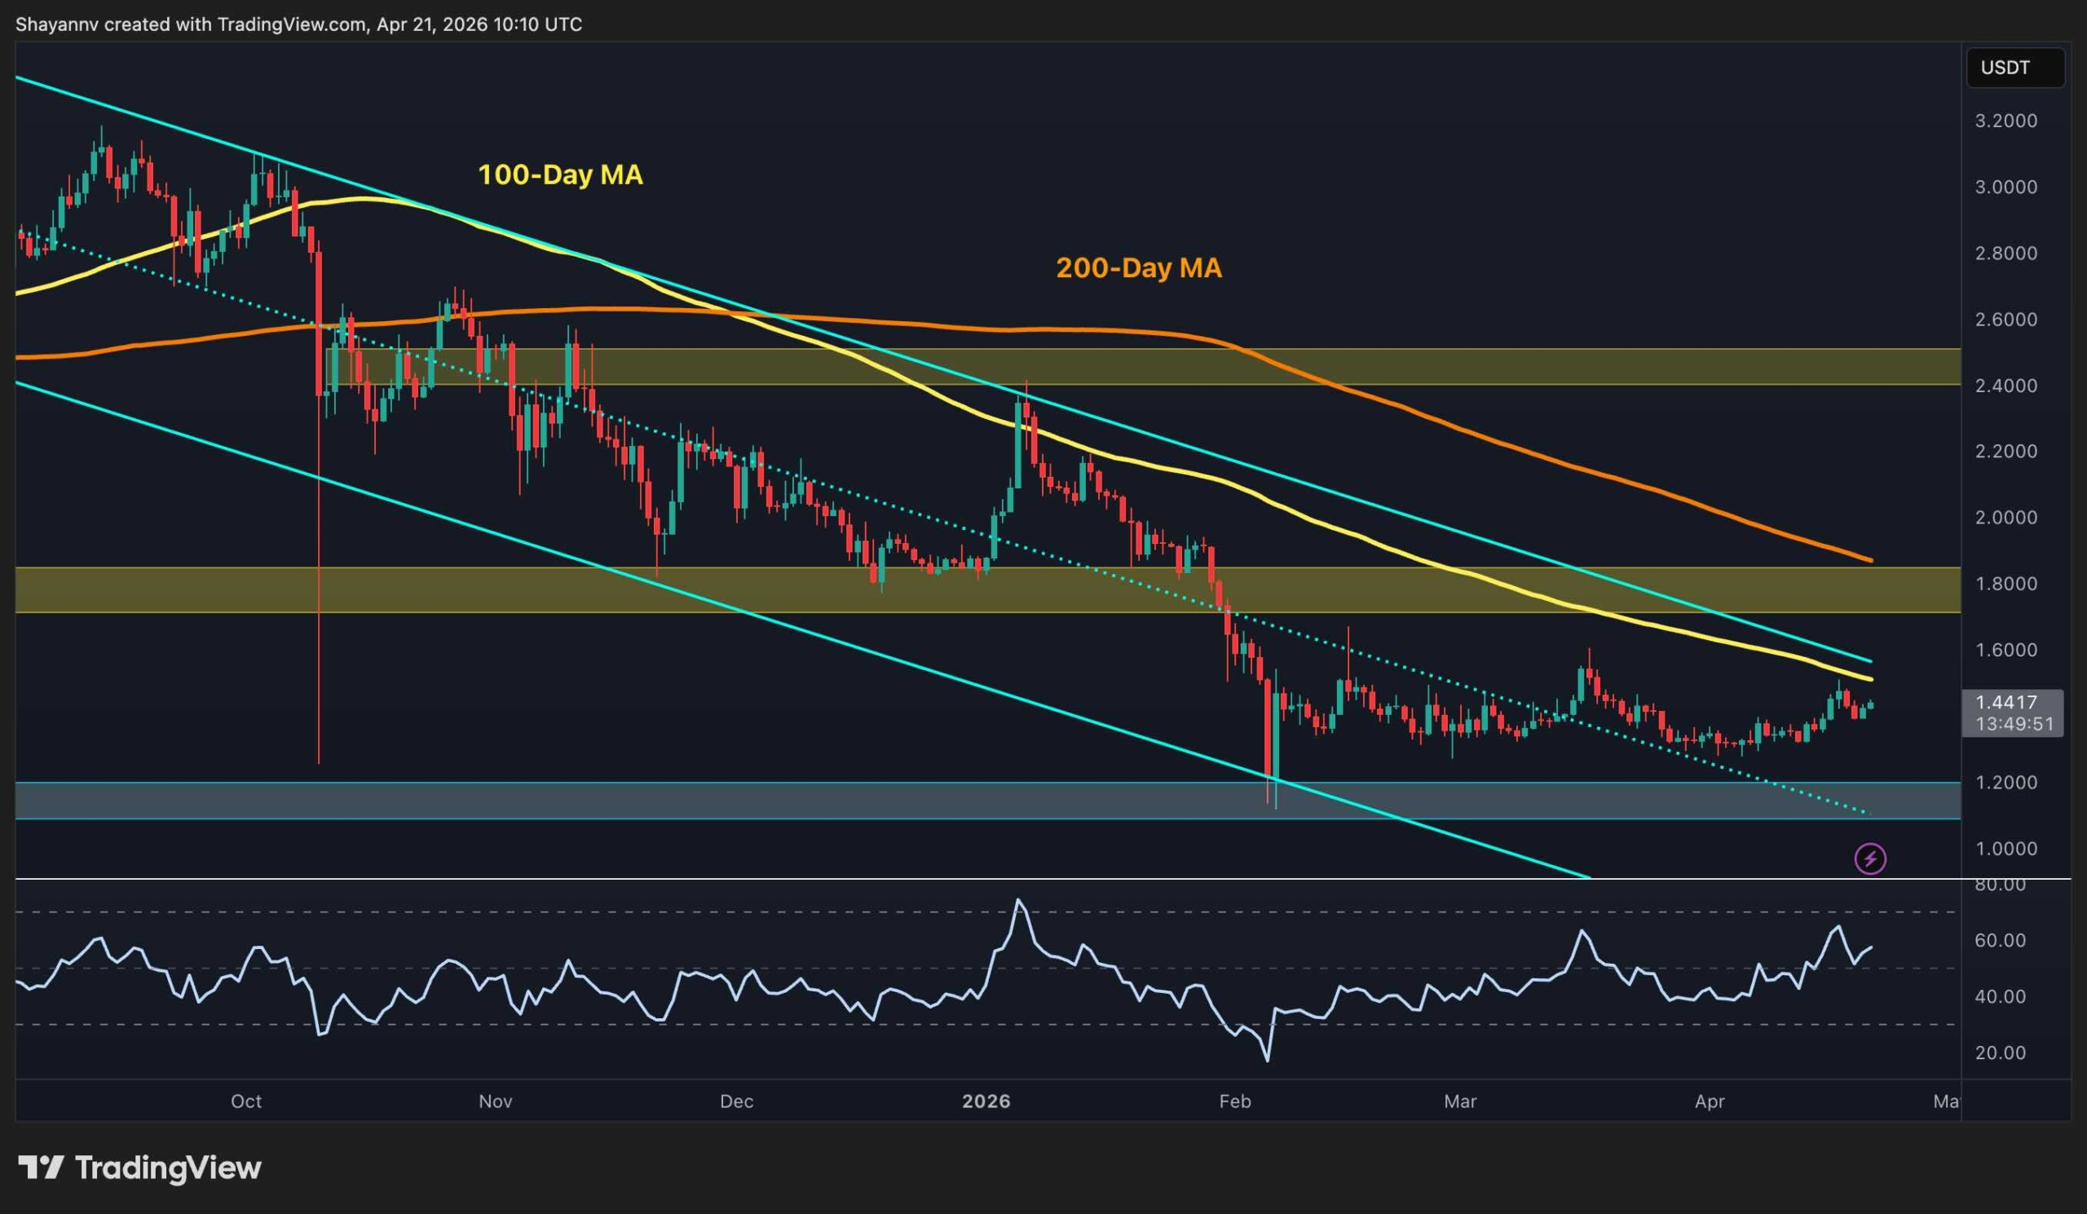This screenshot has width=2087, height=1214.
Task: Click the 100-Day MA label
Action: pyautogui.click(x=560, y=174)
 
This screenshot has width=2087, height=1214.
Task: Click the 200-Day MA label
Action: pyautogui.click(x=1138, y=268)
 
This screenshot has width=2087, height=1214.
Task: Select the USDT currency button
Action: pyautogui.click(x=2004, y=68)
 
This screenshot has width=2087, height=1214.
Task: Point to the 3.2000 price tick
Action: pyautogui.click(x=2005, y=121)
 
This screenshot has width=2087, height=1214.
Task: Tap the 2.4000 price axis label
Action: pyautogui.click(x=2005, y=386)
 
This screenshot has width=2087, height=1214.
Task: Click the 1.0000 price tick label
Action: pyautogui.click(x=2005, y=849)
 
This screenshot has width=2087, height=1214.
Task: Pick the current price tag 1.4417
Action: pyautogui.click(x=2005, y=702)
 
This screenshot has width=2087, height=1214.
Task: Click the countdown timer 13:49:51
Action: pyautogui.click(x=2014, y=724)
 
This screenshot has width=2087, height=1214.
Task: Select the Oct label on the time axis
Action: pyautogui.click(x=246, y=1101)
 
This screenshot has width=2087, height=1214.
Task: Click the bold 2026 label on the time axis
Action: pyautogui.click(x=986, y=1101)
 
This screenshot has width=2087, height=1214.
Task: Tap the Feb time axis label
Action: pyautogui.click(x=1235, y=1101)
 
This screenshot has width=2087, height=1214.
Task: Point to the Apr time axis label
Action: pyautogui.click(x=1710, y=1101)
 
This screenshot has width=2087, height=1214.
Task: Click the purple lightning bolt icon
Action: pyautogui.click(x=1870, y=859)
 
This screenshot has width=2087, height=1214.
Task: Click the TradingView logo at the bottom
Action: pyautogui.click(x=140, y=1168)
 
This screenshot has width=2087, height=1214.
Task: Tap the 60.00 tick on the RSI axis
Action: pyautogui.click(x=2000, y=941)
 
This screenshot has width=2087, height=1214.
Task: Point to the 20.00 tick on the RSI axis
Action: pyautogui.click(x=2000, y=1053)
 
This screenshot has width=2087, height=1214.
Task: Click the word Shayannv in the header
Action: pyautogui.click(x=56, y=24)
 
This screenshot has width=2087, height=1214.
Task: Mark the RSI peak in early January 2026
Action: pyautogui.click(x=1019, y=900)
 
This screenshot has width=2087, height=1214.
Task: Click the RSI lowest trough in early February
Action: pyautogui.click(x=1267, y=1060)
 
